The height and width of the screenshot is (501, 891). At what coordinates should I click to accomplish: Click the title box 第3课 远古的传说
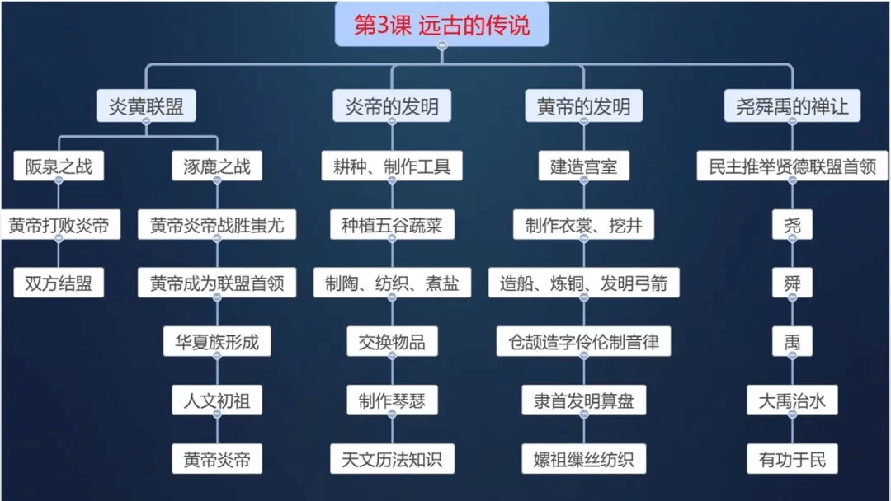point(441,25)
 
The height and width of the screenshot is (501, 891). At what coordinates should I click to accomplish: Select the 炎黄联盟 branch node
point(146,106)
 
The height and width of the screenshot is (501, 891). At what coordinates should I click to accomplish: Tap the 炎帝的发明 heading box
point(392,106)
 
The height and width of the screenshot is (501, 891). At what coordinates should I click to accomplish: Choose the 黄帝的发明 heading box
point(582,106)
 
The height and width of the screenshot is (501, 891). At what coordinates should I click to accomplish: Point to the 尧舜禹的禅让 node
point(791,106)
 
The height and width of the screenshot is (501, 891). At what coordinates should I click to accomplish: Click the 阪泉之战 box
point(59,166)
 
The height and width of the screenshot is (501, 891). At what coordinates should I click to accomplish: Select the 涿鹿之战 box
point(217,166)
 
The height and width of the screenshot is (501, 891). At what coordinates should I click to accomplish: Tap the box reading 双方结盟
point(59,283)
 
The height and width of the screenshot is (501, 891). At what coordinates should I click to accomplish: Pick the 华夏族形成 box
point(217,342)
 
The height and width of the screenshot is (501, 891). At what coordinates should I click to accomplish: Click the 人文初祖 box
point(217,401)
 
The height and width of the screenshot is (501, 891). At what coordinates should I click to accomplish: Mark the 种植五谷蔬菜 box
point(392,225)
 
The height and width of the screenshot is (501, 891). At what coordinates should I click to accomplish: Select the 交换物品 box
point(392,342)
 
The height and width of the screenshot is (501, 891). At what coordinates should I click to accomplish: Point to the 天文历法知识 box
point(392,459)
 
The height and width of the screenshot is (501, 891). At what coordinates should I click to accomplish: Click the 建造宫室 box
point(583,166)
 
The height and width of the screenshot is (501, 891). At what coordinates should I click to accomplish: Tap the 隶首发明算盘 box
point(583,401)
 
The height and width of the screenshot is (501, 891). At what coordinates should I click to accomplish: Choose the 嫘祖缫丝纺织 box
point(583,459)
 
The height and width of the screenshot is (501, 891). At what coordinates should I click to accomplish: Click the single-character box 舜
point(792,283)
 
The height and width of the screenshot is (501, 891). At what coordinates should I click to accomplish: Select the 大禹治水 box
point(792,401)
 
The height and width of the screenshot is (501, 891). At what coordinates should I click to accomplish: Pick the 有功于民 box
point(792,459)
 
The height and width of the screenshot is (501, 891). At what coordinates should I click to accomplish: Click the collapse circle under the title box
point(442,47)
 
